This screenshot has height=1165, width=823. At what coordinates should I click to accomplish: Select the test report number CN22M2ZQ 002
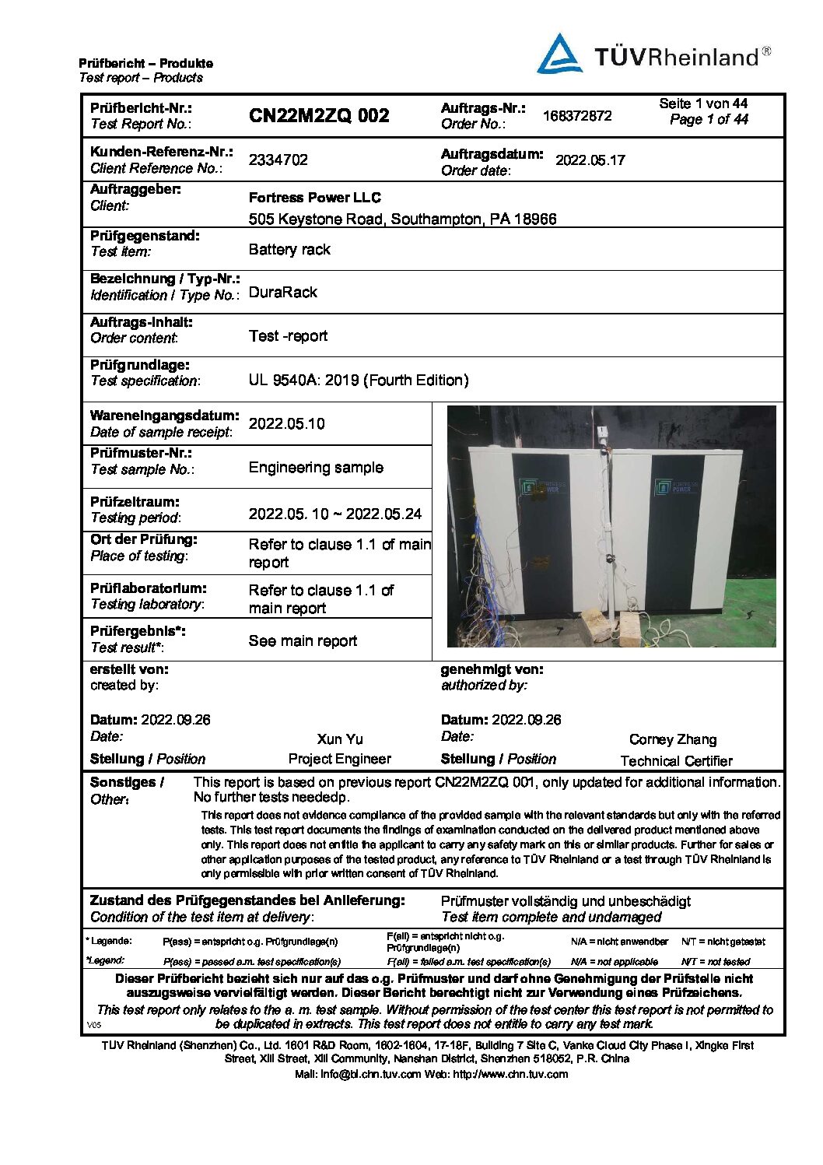(319, 116)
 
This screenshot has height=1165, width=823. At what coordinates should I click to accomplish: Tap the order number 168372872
(577, 116)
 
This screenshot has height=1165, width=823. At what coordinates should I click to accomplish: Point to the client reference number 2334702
(278, 160)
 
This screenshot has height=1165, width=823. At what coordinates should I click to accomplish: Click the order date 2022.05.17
(590, 160)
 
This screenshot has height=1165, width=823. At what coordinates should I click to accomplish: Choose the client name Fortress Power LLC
(314, 198)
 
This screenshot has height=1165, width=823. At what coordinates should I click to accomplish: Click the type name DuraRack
(283, 293)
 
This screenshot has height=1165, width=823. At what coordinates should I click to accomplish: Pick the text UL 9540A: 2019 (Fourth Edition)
(359, 381)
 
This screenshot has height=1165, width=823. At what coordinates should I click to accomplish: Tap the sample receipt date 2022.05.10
(287, 424)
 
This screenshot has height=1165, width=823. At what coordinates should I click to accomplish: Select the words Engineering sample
(316, 468)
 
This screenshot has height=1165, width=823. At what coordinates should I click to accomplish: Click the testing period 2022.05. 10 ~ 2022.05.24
(335, 514)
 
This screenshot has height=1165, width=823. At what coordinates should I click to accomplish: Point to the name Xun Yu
(340, 739)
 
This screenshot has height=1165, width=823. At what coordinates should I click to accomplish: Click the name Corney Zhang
(673, 740)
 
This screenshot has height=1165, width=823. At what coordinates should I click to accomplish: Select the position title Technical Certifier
(676, 761)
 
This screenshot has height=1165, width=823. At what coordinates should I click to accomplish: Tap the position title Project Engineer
(340, 760)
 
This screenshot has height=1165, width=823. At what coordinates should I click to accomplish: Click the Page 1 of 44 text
(709, 120)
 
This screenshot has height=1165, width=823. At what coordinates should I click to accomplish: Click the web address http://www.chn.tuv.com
(510, 1075)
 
